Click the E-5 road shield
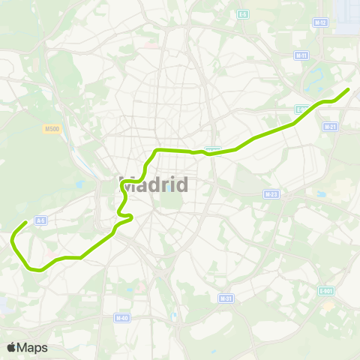242,14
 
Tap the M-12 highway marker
320,22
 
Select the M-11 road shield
302,55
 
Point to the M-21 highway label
329,127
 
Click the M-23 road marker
271,193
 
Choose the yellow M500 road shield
52,129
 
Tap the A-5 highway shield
41,220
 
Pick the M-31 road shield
225,298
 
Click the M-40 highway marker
121,318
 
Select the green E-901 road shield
326,290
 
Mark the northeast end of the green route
348,90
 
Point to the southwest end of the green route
26,223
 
